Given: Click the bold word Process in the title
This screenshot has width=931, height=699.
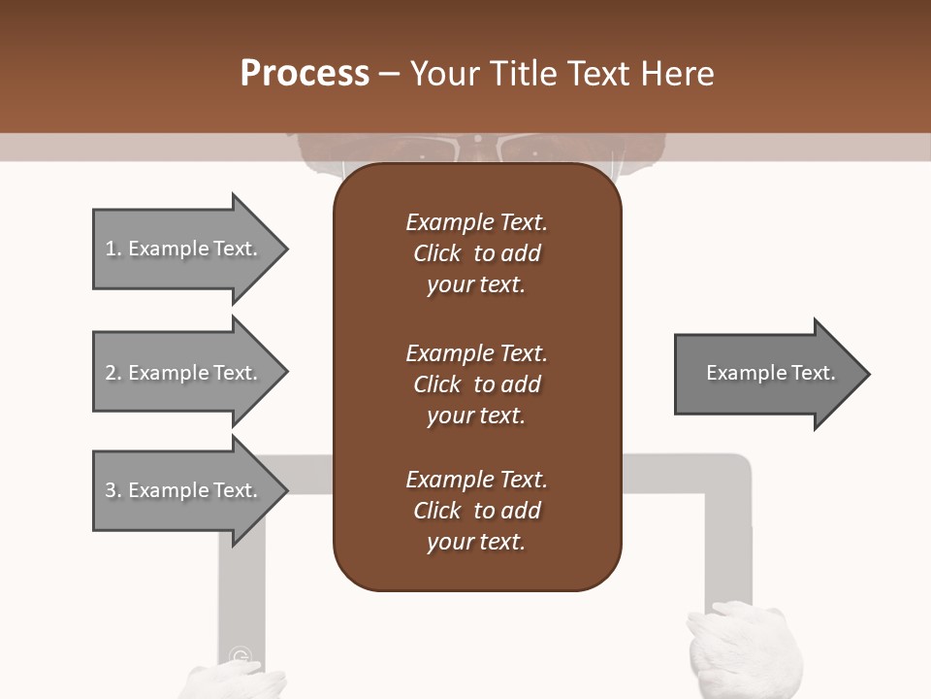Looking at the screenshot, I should pyautogui.click(x=305, y=74).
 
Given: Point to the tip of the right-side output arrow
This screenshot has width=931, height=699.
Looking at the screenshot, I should pyautogui.click(x=868, y=374).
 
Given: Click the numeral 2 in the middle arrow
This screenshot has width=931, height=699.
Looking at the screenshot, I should pyautogui.click(x=111, y=373).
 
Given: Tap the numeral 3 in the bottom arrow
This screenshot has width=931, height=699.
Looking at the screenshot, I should pyautogui.click(x=111, y=490).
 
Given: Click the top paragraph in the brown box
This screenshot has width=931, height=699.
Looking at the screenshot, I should pyautogui.click(x=476, y=253).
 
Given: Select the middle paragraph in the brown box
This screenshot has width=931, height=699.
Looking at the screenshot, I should pyautogui.click(x=476, y=384).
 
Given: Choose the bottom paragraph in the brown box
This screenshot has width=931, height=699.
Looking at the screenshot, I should pyautogui.click(x=476, y=511).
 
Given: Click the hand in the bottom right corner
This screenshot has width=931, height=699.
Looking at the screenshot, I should pyautogui.click(x=744, y=650).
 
